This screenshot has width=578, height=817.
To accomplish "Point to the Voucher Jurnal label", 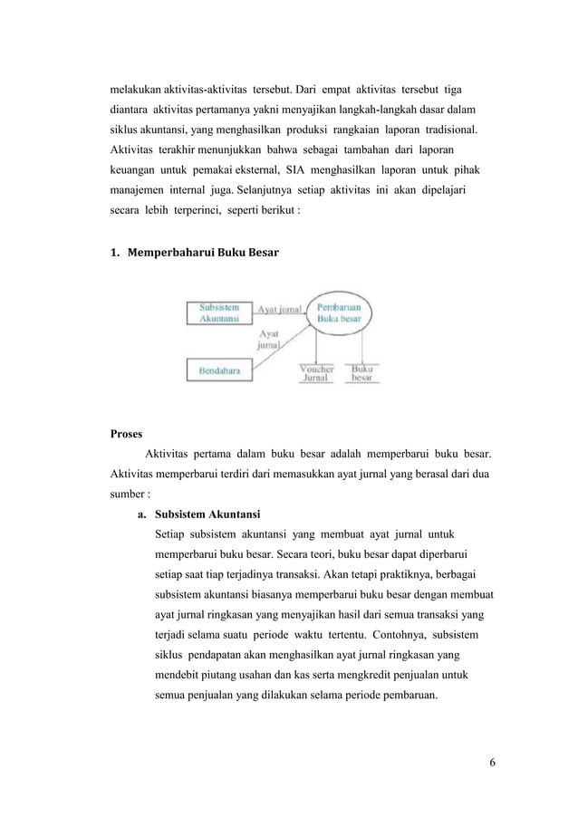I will [317, 373].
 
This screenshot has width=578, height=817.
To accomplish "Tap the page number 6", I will [491, 762].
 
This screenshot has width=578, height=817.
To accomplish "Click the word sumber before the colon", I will [126, 495].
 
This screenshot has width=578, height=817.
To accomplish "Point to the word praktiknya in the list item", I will [383, 574].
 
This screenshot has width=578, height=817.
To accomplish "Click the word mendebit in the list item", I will [179, 674].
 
